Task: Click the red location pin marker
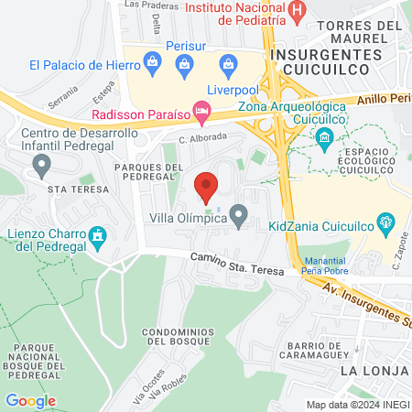tap(206, 186)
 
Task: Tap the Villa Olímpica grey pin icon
tap(239, 217)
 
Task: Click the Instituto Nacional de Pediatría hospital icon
tap(297, 9)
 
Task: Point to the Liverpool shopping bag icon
tap(225, 64)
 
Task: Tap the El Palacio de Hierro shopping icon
tap(151, 64)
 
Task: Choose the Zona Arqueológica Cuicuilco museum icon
tap(322, 138)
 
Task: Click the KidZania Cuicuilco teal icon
tap(386, 222)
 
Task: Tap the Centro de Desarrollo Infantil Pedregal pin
tap(41, 165)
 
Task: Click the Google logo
tap(30, 400)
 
